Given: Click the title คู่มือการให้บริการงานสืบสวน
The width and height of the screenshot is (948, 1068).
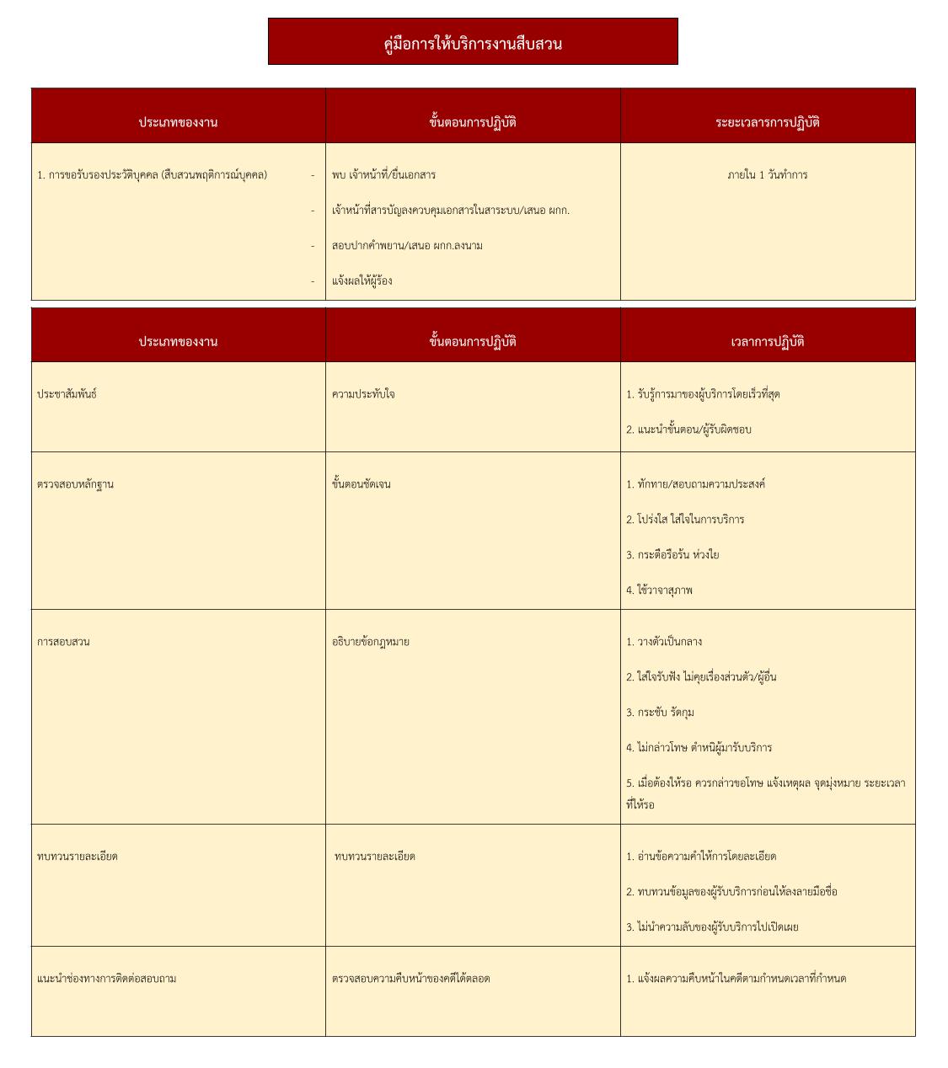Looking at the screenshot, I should [473, 44].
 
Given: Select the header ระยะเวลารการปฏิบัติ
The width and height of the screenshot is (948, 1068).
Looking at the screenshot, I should [767, 122].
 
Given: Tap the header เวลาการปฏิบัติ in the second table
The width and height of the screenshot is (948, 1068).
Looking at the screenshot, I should [767, 342].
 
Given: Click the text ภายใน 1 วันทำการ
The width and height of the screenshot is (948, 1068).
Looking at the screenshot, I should [767, 175].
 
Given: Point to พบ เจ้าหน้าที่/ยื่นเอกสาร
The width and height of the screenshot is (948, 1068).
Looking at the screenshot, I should [383, 175].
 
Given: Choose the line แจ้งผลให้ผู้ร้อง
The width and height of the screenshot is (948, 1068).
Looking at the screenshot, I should [362, 281].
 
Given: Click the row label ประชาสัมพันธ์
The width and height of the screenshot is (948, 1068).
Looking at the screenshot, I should [67, 394].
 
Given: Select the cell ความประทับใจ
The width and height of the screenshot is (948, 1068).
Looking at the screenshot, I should [363, 394].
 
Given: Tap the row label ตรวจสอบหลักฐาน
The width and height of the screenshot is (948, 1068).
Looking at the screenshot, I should [75, 484].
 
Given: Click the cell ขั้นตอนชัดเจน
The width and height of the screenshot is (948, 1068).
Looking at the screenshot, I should [361, 484].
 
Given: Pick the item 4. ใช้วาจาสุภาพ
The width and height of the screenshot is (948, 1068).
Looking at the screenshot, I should [659, 590].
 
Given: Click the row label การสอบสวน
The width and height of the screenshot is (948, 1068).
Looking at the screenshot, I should [63, 642].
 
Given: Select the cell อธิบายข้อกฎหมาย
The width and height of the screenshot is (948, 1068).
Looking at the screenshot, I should [371, 642].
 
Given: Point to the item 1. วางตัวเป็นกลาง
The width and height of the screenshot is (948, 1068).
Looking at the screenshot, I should [664, 642].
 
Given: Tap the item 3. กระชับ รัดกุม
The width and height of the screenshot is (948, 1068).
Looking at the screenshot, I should [660, 713].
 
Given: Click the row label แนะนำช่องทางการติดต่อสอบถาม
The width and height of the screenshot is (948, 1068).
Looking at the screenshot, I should [107, 979].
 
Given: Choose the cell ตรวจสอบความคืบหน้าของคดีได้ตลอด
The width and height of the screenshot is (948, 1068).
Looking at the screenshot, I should [410, 979].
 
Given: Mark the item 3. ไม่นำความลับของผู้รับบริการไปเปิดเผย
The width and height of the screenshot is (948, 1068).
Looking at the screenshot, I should [712, 927].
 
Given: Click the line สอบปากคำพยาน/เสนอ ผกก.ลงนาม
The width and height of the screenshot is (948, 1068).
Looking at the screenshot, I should [407, 246].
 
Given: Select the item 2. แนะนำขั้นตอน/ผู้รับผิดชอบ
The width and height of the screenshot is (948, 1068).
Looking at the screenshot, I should [688, 430].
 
